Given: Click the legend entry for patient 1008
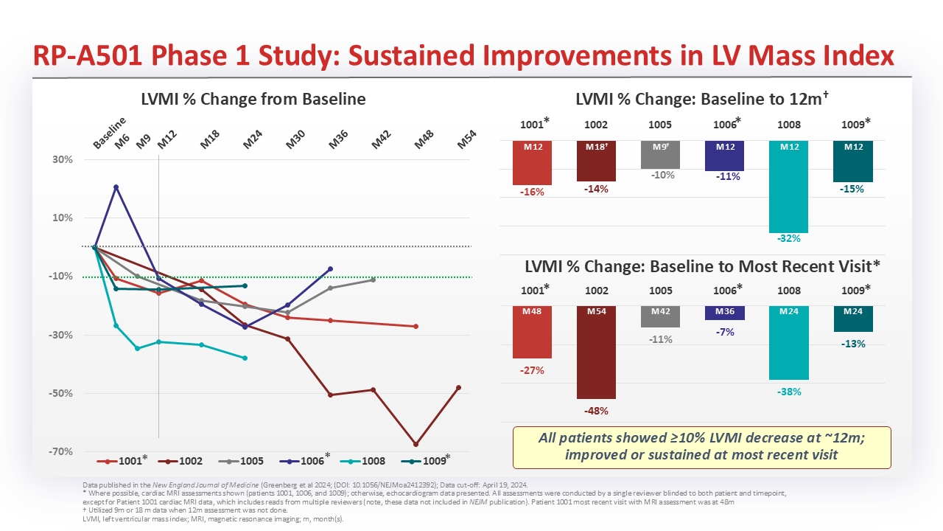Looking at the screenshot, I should pos(365,461).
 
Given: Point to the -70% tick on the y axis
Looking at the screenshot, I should pos(61,451).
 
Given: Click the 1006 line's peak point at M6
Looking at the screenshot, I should pos(116,187).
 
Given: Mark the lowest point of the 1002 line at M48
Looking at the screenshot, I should pos(416,445).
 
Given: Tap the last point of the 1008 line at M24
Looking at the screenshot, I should pos(245,358).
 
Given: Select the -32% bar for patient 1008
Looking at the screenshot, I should pos(790,187).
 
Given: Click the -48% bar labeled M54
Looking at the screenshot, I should pos(597,352).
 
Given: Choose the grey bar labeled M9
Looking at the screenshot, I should pos(661,154).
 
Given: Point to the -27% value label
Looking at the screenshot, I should pos(532,370).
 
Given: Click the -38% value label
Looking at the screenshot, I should pos(789,392).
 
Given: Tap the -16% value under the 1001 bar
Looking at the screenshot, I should pos(532,192).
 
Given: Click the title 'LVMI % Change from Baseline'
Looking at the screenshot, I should pos(253,99).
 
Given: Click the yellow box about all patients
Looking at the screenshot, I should pos(701,446).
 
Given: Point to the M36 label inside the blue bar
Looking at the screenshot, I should pos(725,311).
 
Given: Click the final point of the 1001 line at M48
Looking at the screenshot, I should pos(416,326).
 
